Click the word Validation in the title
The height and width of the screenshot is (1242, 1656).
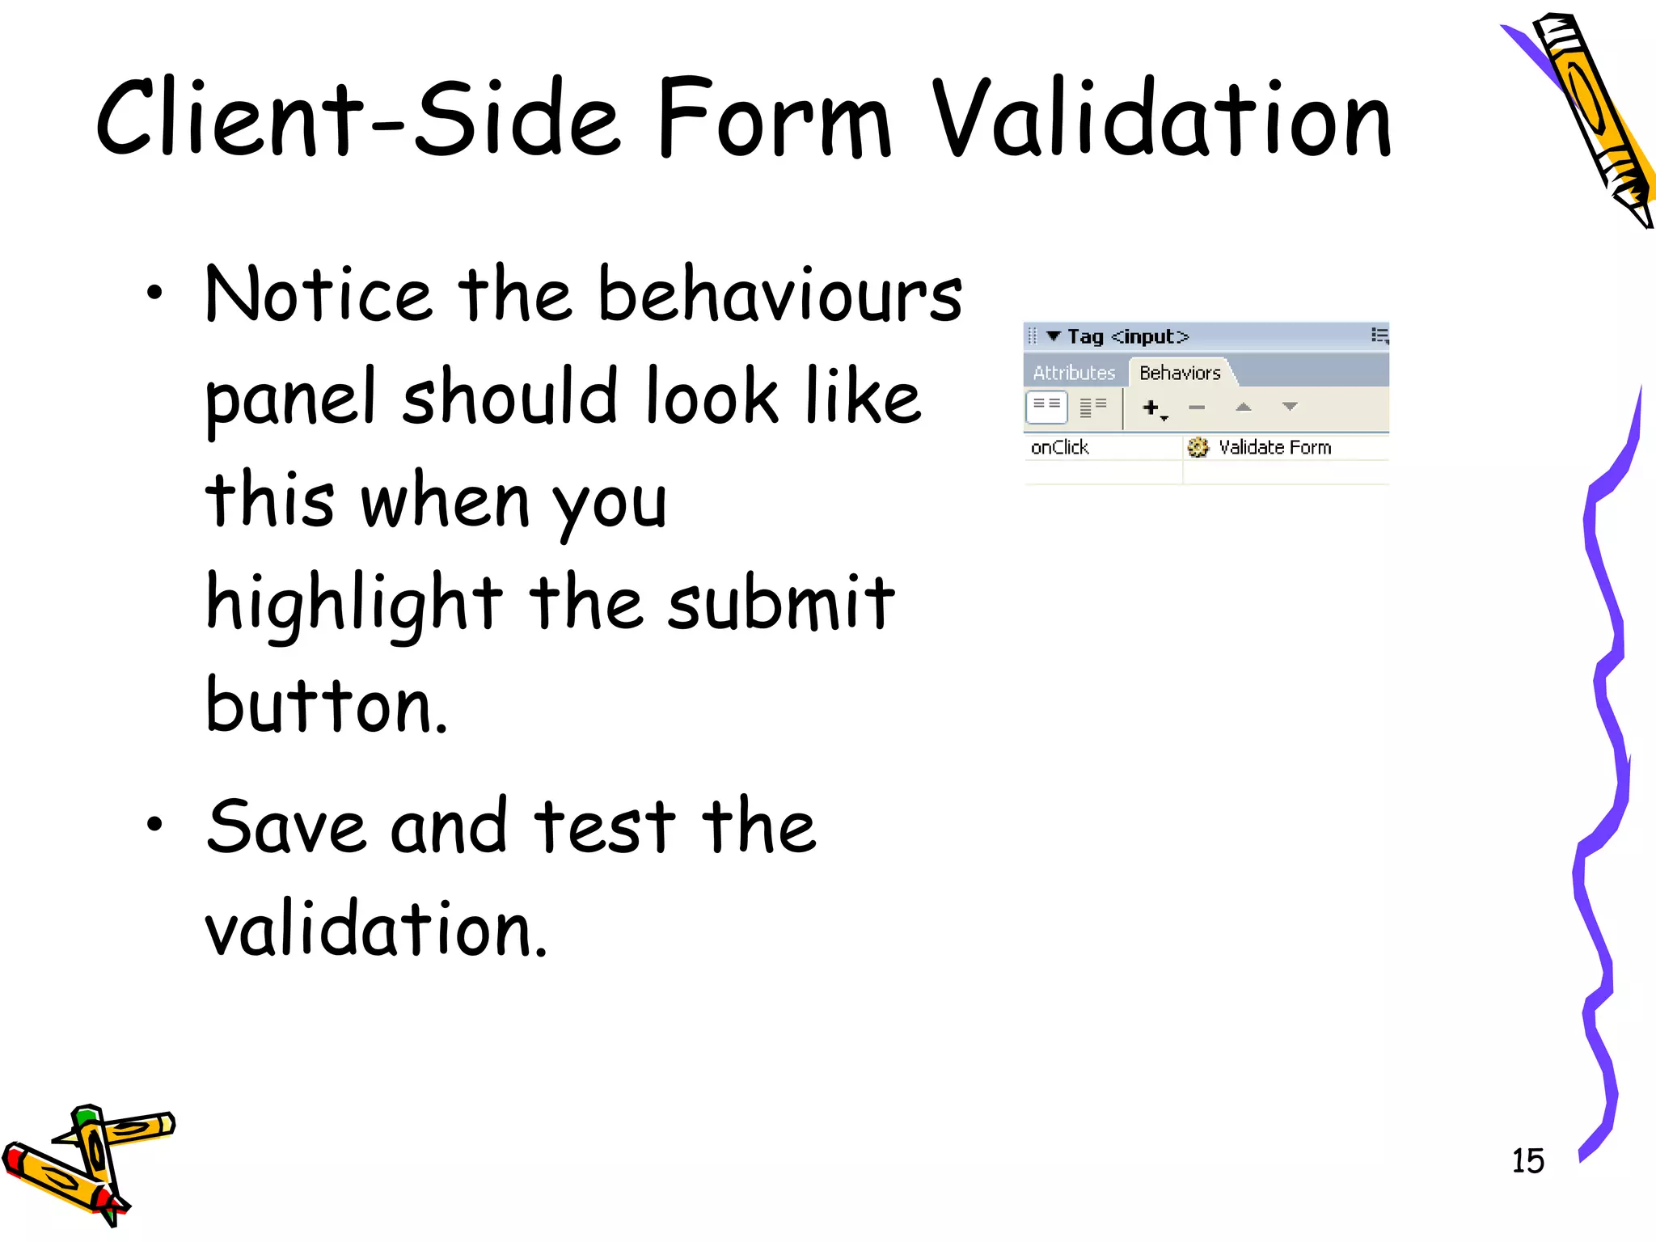coord(1162,119)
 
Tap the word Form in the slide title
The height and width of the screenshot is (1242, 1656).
coord(773,119)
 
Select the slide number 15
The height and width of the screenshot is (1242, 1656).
coord(1527,1161)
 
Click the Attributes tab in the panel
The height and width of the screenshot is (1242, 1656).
coord(1074,373)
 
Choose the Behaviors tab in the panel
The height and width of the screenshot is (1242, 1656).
coord(1180,373)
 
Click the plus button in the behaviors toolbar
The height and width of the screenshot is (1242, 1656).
coord(1151,408)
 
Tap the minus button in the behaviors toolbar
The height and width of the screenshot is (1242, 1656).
coord(1197,408)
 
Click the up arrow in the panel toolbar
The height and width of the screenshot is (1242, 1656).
coord(1244,408)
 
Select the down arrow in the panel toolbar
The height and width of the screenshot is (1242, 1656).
coord(1290,407)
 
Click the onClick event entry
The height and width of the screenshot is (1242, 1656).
coord(1059,447)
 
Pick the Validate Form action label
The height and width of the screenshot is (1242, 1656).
coord(1274,447)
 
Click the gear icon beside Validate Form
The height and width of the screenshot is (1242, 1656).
coord(1198,447)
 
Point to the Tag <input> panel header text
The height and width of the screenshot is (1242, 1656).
coord(1127,336)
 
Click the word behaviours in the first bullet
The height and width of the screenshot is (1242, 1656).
coord(779,295)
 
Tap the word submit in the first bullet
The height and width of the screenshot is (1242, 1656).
coord(781,602)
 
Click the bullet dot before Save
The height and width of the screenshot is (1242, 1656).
coord(154,824)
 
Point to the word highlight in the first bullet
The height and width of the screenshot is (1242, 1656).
coord(354,602)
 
